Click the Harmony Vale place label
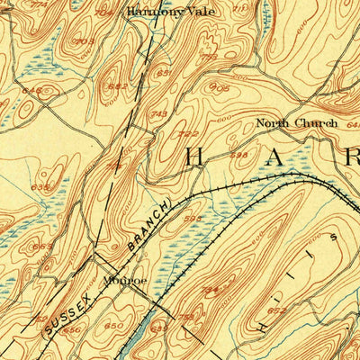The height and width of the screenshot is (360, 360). point(160,12)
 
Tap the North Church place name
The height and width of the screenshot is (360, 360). point(296,122)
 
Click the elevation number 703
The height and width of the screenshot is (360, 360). point(85,40)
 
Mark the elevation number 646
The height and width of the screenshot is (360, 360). point(31,90)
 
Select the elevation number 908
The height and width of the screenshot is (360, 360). point(219,87)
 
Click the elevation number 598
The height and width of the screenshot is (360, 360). point(238,155)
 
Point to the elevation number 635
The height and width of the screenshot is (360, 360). point(40,187)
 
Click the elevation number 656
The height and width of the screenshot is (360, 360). point(71,329)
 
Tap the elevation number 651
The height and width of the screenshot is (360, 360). point(164,73)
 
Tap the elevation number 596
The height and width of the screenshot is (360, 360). point(192,217)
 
